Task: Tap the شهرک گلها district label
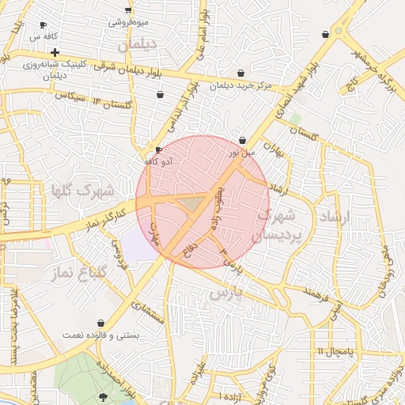(82, 191)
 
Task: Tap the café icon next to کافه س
(44, 25)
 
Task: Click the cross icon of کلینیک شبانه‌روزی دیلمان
(54, 52)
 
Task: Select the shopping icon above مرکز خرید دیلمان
(240, 73)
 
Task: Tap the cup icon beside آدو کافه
(158, 150)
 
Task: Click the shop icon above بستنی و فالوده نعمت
(100, 324)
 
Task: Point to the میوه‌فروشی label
(127, 22)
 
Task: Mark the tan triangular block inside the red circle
(192, 205)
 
